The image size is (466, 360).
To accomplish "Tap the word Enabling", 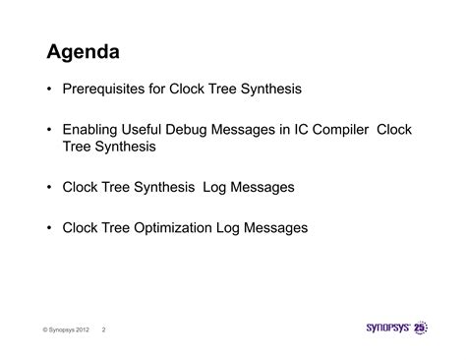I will (91, 130).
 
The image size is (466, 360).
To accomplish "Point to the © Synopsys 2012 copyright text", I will (68, 330).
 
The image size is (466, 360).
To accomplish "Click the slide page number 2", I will (104, 330).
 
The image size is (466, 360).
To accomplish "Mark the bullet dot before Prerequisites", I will (49, 90).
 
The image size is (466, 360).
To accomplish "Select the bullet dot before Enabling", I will (49, 130).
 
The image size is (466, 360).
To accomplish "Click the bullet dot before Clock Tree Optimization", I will (49, 228).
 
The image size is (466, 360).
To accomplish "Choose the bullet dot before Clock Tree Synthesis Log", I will (49, 187).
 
